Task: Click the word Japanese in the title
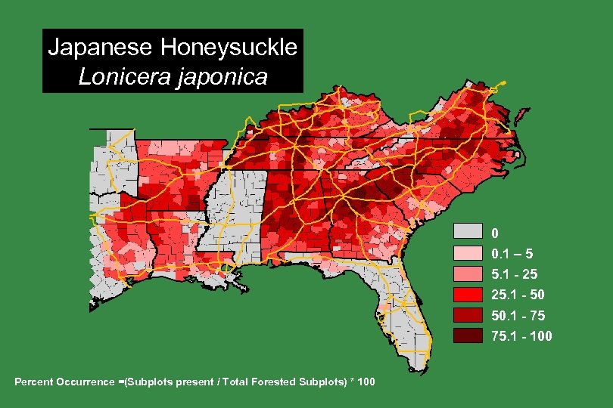(99, 48)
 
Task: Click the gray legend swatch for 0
(468, 231)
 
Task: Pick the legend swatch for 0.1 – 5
(468, 252)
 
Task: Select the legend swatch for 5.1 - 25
(468, 274)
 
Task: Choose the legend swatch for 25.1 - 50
(468, 294)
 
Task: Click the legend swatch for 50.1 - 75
(468, 315)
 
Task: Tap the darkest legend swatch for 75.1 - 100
(468, 335)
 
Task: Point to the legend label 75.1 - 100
(521, 336)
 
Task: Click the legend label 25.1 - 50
(517, 295)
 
